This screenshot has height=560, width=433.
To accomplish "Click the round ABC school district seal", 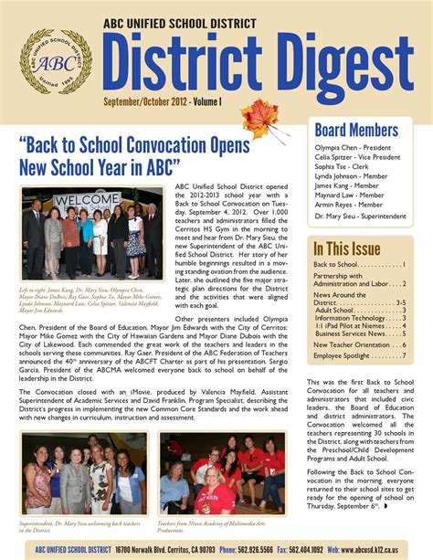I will click(56, 62).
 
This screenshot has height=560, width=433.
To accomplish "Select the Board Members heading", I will click(355, 130).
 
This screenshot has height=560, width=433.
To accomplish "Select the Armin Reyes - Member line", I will click(348, 204).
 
